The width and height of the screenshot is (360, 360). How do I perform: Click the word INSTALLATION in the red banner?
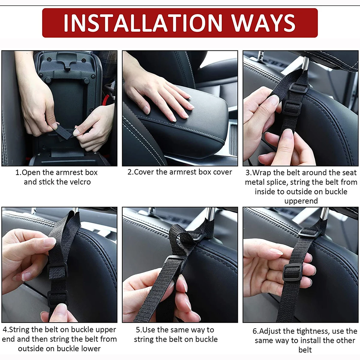[x=143, y=23]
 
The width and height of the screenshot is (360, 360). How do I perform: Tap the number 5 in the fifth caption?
[x=138, y=330]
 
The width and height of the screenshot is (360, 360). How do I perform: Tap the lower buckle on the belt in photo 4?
[x=57, y=298]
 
